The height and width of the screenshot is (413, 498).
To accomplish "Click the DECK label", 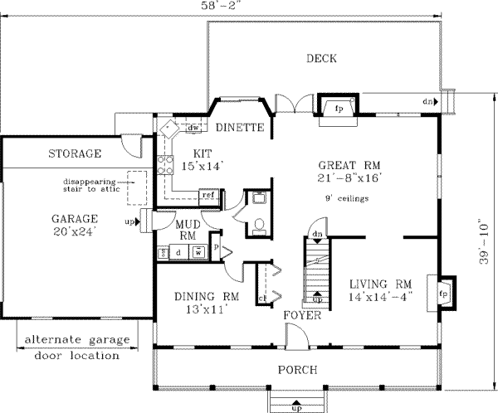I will pos(320,58).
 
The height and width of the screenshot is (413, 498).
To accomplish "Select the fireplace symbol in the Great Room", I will pos(339,109).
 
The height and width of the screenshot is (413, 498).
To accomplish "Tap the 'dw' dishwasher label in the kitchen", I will pos(193,128).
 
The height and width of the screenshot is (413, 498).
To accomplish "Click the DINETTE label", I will pos(239,128).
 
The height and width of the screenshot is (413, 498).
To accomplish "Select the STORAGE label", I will pos(74,153).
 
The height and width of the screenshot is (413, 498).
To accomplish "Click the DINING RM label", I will pos(207,303).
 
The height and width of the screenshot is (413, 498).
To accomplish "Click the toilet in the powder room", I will pos(257,224).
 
